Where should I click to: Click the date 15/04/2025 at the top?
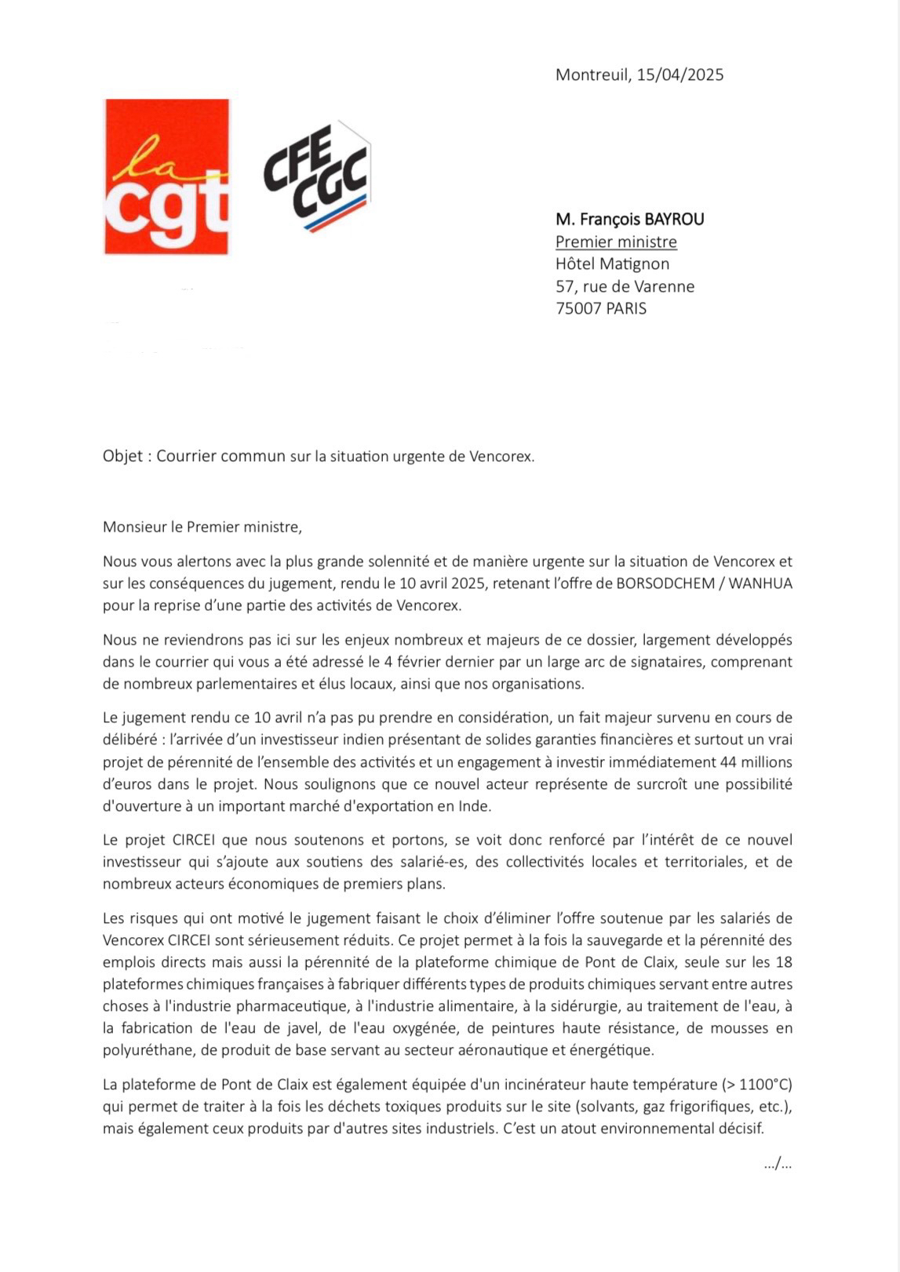click(x=680, y=75)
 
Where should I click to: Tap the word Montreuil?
click(x=592, y=75)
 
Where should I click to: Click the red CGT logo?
click(x=166, y=176)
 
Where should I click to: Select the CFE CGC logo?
click(x=316, y=177)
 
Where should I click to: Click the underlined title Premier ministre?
click(x=616, y=242)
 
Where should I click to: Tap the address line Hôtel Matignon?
click(x=612, y=264)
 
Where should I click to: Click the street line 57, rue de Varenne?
click(x=625, y=287)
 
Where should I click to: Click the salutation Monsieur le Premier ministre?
click(x=202, y=527)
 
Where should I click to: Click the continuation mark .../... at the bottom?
click(x=777, y=1165)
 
